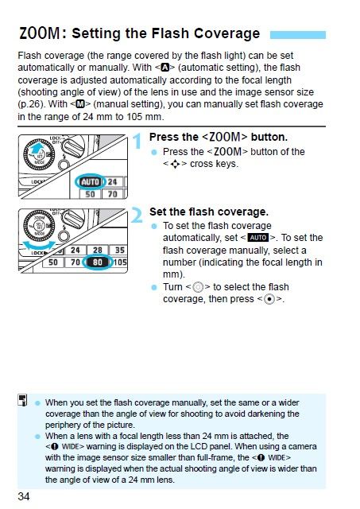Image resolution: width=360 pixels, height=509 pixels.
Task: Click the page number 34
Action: click(24, 496)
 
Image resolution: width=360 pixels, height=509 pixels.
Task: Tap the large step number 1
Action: click(137, 142)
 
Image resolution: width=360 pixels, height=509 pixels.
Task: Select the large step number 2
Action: click(137, 216)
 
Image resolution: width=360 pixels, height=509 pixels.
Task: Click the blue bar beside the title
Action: click(298, 35)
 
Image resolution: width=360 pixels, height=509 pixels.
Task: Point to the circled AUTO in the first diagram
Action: click(91, 182)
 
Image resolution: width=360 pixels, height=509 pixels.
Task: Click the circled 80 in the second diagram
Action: click(98, 262)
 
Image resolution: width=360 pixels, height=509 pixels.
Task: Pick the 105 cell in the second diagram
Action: click(120, 262)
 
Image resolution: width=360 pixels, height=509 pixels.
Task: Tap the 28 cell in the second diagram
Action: click(98, 250)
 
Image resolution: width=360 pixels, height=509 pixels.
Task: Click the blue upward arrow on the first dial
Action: click(37, 149)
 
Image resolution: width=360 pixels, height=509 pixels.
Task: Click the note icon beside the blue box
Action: click(22, 400)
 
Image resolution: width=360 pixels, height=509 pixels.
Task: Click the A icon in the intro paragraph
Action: click(165, 68)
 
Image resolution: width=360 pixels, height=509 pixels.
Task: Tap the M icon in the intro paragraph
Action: click(79, 104)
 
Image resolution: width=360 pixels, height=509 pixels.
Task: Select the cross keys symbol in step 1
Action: click(175, 165)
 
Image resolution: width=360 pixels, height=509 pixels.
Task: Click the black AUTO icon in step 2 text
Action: click(258, 238)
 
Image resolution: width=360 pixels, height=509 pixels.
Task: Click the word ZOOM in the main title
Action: click(40, 33)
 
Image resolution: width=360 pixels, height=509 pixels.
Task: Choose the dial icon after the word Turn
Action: click(198, 288)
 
